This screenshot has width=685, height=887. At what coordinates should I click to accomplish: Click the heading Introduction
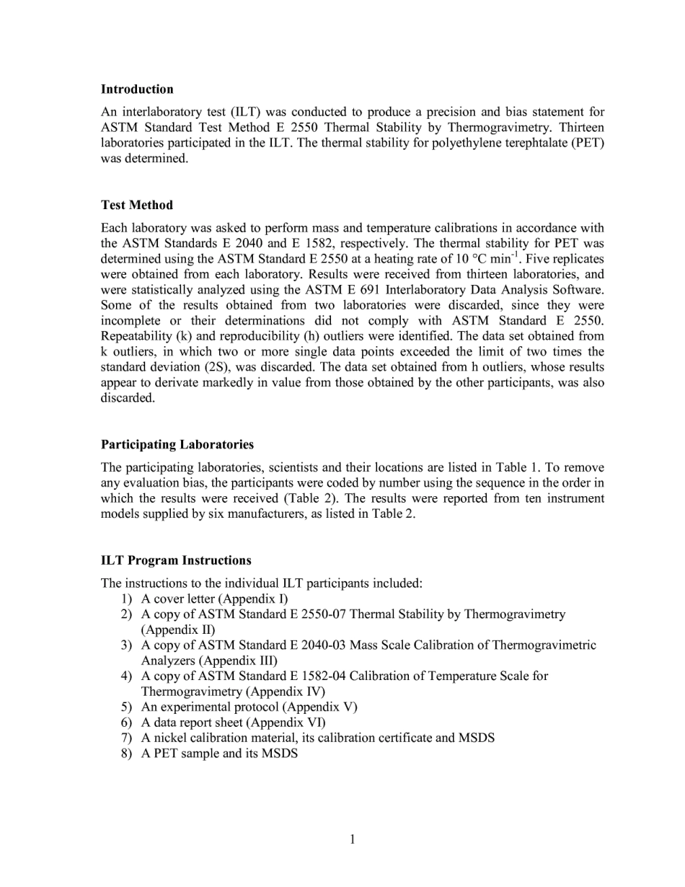coord(137,89)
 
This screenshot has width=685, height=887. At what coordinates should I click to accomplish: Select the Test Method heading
coord(136,205)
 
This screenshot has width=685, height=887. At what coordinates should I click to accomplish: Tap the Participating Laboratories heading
coord(177,444)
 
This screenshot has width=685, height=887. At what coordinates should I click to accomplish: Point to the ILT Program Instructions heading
coord(176,560)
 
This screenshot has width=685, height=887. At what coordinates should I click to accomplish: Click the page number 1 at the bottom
coord(352,839)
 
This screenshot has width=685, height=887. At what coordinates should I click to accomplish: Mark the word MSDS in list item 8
coord(280,754)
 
